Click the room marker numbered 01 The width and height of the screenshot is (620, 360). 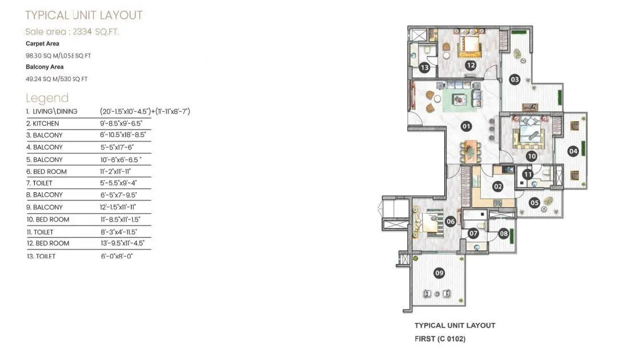466,126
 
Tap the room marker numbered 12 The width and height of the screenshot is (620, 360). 471,66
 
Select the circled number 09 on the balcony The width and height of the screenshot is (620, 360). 439,273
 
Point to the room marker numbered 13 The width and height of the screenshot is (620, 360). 424,68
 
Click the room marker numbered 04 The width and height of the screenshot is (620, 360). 573,151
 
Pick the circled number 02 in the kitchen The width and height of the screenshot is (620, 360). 497,186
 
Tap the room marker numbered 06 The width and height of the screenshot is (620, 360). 451,222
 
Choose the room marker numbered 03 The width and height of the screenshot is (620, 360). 515,80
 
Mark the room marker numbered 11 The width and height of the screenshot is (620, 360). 528,175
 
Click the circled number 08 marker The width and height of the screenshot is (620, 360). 504,233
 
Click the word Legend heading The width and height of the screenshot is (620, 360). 47,98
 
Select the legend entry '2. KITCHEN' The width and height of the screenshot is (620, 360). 43,123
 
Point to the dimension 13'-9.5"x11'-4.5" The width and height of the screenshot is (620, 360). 122,243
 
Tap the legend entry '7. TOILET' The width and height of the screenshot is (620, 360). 39,183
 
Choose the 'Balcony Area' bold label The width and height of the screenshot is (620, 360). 44,67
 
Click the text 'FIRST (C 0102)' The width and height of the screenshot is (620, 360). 440,339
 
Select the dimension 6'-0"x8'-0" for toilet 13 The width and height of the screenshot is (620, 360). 116,256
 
